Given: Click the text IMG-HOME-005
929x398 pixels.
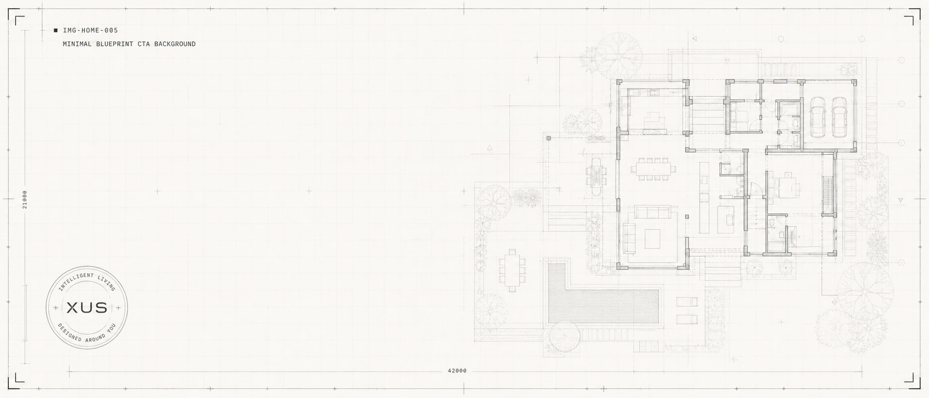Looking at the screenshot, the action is tap(90, 31).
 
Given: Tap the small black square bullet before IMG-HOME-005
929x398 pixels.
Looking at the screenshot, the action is tap(56, 31).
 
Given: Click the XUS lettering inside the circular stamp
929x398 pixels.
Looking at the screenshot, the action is tap(87, 307).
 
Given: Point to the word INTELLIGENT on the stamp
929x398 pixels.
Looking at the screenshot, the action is tap(76, 281).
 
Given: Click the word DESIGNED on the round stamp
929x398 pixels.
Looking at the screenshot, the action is tap(69, 333).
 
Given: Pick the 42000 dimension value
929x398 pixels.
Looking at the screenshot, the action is tap(457, 371).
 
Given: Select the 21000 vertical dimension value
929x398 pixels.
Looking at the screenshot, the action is tap(25, 199).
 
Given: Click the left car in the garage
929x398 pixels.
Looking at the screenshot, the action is tap(817, 117).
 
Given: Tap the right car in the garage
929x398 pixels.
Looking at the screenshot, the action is tap(840, 117).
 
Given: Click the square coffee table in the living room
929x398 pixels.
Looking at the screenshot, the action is tap(652, 238).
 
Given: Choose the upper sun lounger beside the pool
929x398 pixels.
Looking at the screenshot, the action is tap(687, 302).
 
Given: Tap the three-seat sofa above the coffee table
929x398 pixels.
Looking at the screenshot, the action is tap(653, 212).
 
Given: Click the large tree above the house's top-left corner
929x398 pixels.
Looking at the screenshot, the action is tap(619, 53).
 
